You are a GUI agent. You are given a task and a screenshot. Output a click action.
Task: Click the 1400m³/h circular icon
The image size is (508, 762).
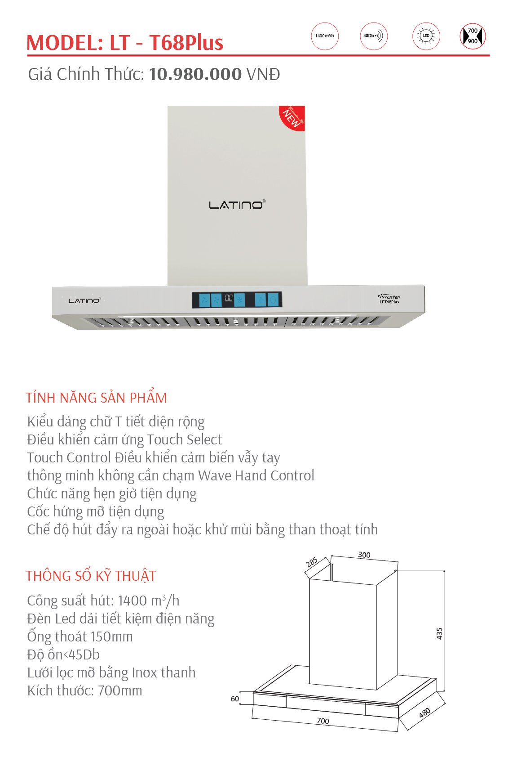click(324, 36)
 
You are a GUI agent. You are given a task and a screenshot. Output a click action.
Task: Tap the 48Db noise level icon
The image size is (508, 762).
click(373, 36)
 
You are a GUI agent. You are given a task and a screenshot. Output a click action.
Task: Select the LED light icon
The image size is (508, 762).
click(426, 36)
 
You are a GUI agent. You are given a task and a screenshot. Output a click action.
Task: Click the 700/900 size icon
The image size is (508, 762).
click(473, 36)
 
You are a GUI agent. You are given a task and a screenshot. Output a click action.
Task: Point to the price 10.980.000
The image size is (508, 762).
click(195, 74)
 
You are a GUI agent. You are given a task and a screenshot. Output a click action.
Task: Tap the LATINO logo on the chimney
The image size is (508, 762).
click(237, 205)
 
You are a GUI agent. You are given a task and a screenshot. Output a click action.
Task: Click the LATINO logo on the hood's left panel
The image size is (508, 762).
click(84, 300)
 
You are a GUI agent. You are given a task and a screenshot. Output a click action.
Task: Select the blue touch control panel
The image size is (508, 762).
click(237, 300)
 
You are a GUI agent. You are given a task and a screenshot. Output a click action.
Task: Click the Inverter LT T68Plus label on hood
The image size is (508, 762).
click(389, 299)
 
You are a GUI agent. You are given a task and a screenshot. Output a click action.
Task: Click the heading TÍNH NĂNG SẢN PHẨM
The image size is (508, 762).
click(96, 398)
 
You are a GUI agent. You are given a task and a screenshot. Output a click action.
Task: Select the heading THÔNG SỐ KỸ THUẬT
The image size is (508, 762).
click(91, 576)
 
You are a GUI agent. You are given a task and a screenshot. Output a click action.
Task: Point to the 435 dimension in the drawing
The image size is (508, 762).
click(439, 633)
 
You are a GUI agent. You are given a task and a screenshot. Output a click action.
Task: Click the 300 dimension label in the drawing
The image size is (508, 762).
click(364, 555)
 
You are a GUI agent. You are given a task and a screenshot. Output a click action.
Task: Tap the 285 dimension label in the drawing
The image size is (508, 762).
click(312, 562)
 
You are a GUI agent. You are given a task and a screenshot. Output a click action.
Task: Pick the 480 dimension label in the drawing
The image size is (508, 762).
click(424, 713)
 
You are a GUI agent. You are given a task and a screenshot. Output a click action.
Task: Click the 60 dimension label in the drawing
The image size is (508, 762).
click(234, 699)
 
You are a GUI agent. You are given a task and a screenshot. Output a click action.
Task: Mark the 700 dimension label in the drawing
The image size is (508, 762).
click(323, 721)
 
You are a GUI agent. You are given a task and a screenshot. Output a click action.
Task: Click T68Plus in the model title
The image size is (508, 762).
click(186, 43)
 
